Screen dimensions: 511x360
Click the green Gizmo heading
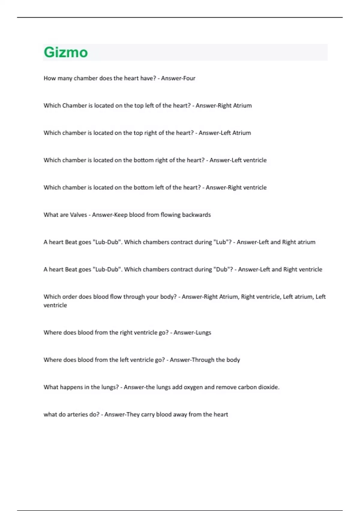pos(66,52)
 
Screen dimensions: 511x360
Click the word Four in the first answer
pos(189,78)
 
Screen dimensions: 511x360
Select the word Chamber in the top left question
pos(74,106)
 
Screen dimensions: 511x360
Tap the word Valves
pos(78,215)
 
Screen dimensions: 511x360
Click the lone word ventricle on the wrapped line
pos(55,305)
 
